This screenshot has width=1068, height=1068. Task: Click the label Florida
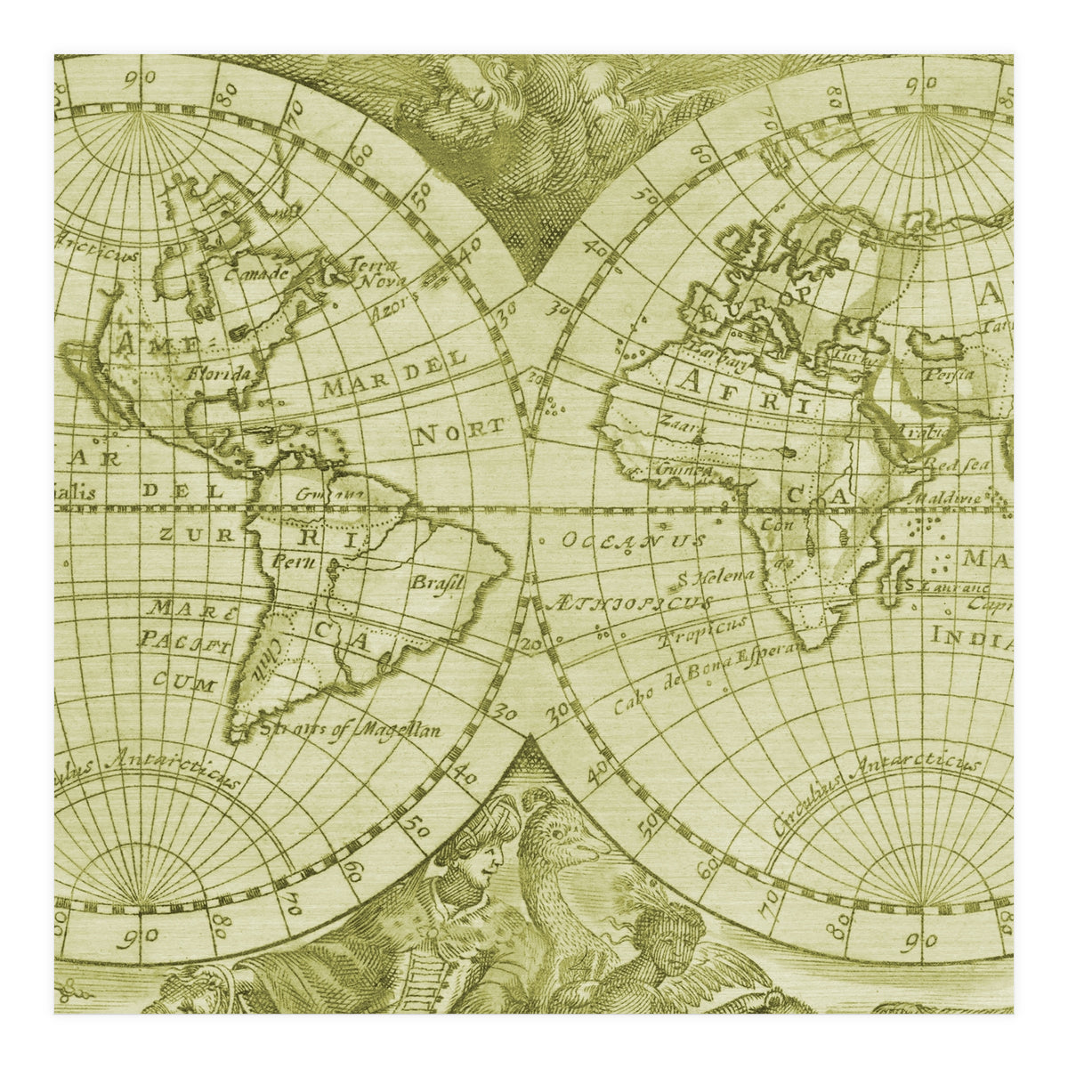coord(218,374)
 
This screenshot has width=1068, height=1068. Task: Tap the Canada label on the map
coord(257,273)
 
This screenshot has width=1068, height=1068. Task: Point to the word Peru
coord(289,562)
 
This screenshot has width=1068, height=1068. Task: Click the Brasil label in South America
coord(437,584)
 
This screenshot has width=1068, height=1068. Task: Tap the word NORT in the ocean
coord(459,432)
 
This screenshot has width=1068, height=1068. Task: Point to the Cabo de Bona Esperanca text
coord(708,678)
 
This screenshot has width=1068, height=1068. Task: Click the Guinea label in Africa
coord(683,468)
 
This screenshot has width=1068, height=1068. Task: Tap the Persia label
coord(948,374)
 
